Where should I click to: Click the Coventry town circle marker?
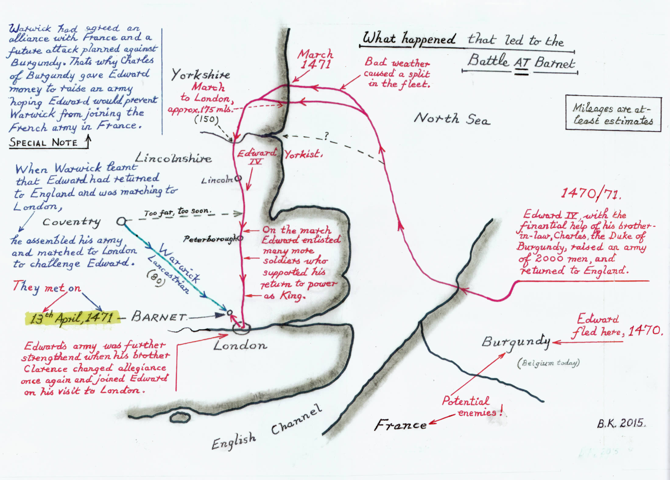pos(121,221)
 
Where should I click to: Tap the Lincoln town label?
pos(217,180)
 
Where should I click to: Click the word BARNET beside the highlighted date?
pos(158,317)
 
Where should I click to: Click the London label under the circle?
pos(240,345)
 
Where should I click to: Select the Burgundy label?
pos(516,342)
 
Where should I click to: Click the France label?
pos(400,425)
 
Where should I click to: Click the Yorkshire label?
pos(200,75)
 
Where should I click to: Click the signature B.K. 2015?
pos(621,423)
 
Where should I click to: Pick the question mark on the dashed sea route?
pos(326,136)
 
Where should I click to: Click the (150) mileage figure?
pos(206,119)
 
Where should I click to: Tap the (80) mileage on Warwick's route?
pos(156,279)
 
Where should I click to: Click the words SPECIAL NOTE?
pos(43,142)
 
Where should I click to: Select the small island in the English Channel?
pos(180,417)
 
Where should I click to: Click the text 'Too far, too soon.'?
pos(178,212)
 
